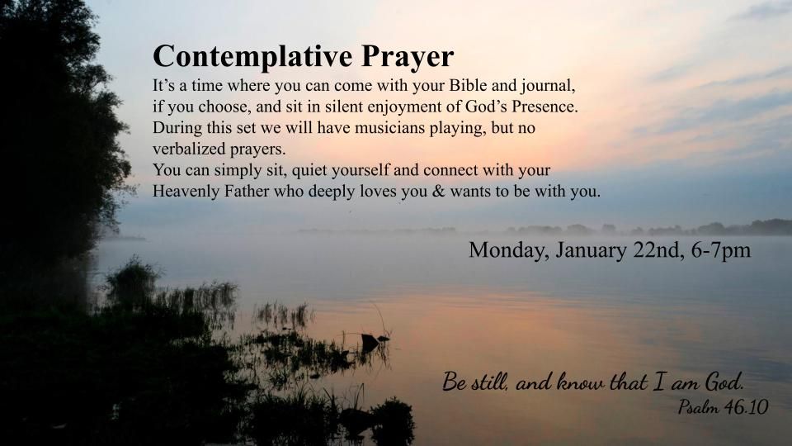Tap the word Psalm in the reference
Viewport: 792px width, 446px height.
698,407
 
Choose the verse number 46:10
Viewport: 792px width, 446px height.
747,407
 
